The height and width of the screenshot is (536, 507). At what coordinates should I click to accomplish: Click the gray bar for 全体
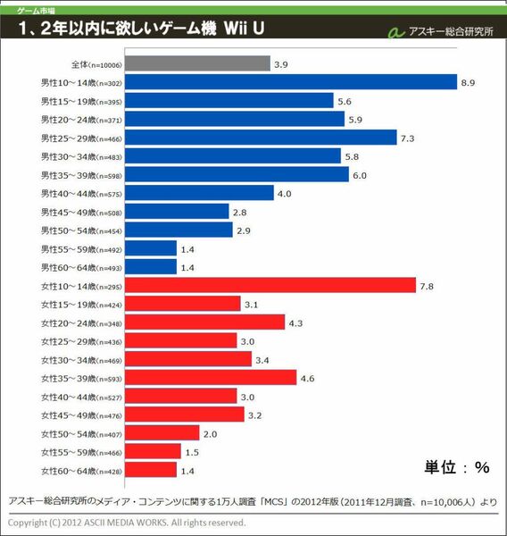pos(197,63)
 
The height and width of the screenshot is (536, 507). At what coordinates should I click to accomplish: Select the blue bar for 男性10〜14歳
pos(291,82)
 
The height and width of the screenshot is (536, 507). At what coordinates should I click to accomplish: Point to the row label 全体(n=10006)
pos(95,63)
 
